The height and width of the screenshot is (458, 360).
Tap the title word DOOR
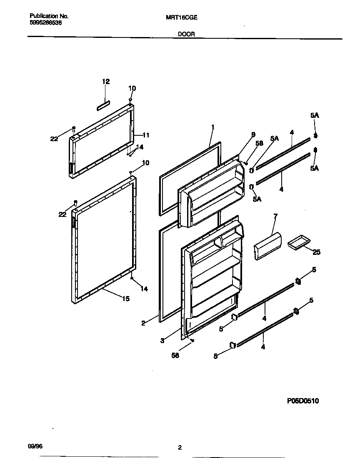coord(187,35)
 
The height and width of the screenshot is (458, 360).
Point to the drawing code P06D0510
coord(303,401)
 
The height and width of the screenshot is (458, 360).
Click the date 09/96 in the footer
coord(35,446)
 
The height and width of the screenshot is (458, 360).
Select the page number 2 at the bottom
coord(180,448)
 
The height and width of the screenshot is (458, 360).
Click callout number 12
coord(106,82)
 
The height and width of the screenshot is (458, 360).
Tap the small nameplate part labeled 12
coord(103,106)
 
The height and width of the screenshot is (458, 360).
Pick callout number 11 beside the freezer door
coord(146,135)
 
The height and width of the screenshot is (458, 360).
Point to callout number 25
coord(316,252)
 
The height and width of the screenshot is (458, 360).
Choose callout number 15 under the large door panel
coord(125,298)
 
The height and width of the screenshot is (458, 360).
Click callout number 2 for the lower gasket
coord(143,323)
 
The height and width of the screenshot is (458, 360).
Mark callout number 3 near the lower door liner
coord(162,341)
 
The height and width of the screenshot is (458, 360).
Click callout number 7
coord(275,217)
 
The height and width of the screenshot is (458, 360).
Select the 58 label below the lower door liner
coord(175,356)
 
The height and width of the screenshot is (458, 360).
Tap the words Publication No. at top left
coord(49,16)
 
